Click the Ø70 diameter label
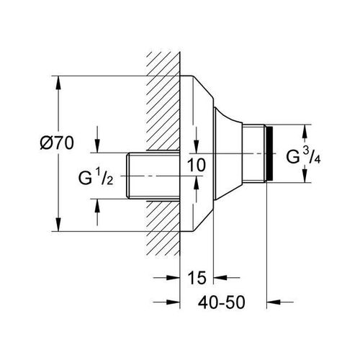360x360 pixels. coord(57,143)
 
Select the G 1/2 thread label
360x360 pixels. coord(96,177)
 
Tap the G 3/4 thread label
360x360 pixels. coord(303,156)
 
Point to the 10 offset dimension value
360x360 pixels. coord(197,165)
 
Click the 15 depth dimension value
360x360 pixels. coord(197,277)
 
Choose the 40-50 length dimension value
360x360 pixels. coord(222,302)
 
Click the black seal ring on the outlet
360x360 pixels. coord(270,153)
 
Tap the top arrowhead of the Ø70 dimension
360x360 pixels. coord(58,83)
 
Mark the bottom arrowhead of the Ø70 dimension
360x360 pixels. coord(58,225)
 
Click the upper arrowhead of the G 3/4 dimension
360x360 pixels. coord(305,131)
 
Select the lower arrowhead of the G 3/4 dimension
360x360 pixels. coord(305,176)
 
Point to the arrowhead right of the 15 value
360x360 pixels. coord(220,278)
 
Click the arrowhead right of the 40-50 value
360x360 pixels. coord(274,302)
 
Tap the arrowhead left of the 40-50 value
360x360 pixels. coord(173,302)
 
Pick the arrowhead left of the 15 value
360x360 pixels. coord(173,278)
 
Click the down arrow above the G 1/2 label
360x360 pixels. coord(97,146)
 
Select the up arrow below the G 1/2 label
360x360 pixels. coord(97,206)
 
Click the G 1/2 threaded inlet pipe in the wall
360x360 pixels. coord(153,176)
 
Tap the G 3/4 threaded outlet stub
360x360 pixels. coord(254,153)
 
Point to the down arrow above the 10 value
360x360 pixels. coord(197,146)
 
